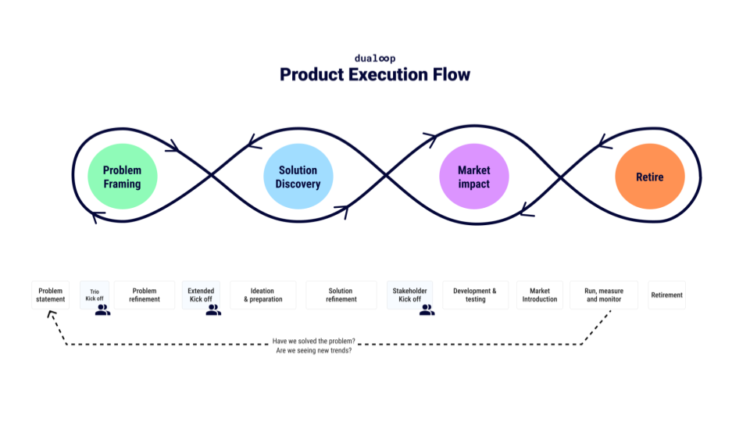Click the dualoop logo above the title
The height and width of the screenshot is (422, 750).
[375, 59]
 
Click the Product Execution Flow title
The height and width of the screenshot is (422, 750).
[375, 75]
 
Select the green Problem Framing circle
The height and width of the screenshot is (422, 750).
[123, 177]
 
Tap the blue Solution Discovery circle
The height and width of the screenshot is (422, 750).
[298, 177]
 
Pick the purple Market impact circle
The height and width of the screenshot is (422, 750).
[473, 177]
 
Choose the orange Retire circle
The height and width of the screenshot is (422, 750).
[649, 177]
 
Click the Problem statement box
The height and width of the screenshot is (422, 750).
[51, 295]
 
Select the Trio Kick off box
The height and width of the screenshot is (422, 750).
[95, 295]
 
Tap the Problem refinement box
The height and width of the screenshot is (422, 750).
[145, 295]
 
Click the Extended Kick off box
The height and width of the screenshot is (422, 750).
[201, 295]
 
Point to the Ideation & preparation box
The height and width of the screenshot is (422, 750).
[262, 295]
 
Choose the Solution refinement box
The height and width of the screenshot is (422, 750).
[341, 295]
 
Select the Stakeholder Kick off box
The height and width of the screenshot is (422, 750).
[409, 295]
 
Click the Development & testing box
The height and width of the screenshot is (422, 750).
[475, 295]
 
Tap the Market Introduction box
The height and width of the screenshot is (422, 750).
[540, 295]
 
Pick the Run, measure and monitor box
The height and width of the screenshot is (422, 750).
[604, 295]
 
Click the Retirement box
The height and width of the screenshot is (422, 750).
[666, 295]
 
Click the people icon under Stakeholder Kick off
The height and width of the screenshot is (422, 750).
[427, 309]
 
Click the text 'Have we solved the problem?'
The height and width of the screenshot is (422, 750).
[313, 341]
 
